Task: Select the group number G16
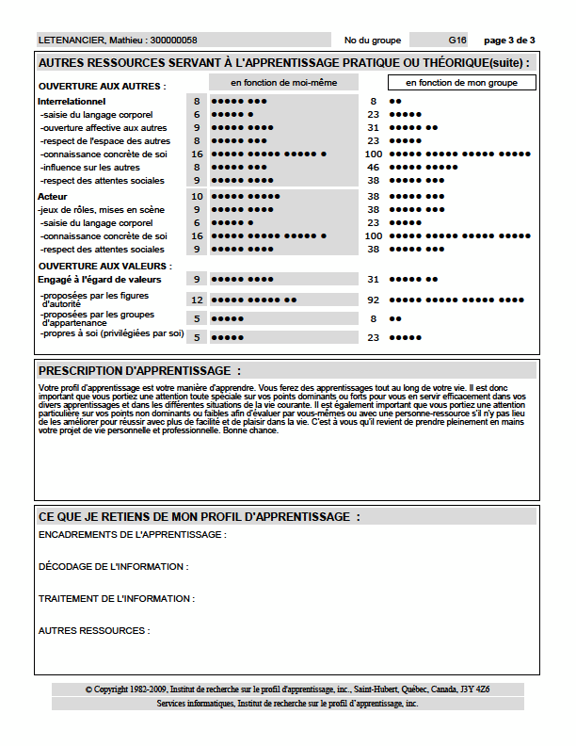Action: (x=457, y=41)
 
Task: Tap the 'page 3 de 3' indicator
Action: (x=509, y=41)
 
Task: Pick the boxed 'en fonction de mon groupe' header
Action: (x=461, y=83)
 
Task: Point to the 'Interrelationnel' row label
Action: (x=71, y=101)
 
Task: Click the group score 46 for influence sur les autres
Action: (x=374, y=167)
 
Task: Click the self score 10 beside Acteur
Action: (x=197, y=197)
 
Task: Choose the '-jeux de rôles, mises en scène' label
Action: (x=102, y=210)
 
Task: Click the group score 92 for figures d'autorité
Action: (x=374, y=300)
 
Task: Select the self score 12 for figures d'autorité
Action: (x=197, y=300)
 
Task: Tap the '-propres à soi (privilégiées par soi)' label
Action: (x=111, y=333)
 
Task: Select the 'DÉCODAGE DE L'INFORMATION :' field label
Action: (x=113, y=567)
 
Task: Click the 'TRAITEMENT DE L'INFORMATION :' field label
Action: (x=116, y=599)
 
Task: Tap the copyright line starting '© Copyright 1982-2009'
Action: (x=287, y=689)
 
